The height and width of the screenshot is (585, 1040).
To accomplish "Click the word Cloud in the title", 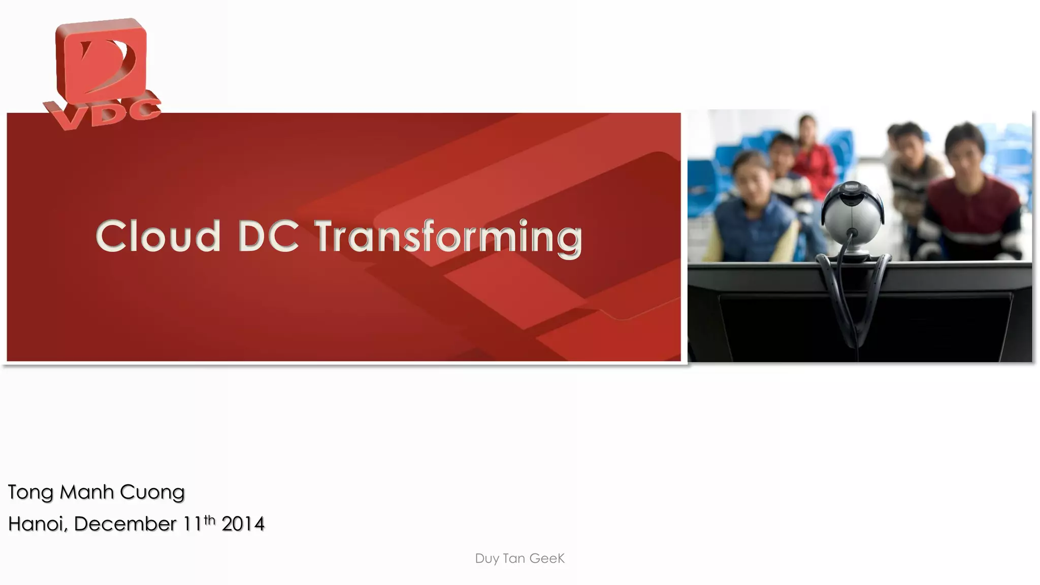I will [x=158, y=236].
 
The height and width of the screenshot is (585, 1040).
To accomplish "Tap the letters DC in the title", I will [x=268, y=236].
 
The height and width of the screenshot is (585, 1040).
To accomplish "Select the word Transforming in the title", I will [x=449, y=237].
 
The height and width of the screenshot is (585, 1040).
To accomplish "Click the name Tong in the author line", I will [x=30, y=492].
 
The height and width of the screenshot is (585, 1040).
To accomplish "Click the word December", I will [x=125, y=524].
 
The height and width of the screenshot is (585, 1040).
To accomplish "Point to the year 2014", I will [x=243, y=524].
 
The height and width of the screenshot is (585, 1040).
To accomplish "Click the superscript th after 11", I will [x=210, y=519].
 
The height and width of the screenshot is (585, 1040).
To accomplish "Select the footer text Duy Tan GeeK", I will [x=519, y=559].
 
